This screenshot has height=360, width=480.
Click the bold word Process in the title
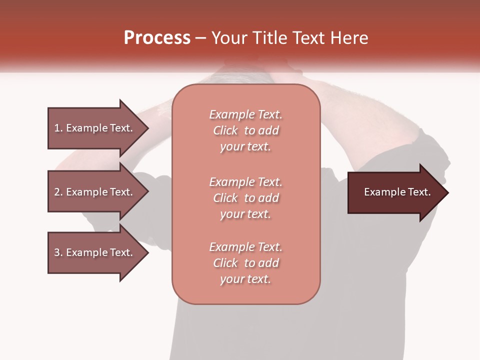(157, 38)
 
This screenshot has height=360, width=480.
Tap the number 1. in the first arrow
(58, 128)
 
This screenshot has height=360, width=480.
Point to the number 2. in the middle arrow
(58, 192)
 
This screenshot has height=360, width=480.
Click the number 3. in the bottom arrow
(58, 252)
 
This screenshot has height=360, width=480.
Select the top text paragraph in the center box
(245, 130)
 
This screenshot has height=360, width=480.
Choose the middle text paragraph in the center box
(245, 198)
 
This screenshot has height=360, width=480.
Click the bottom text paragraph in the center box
(245, 263)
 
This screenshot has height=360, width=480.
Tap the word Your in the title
(230, 38)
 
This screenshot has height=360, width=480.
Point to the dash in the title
(201, 38)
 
